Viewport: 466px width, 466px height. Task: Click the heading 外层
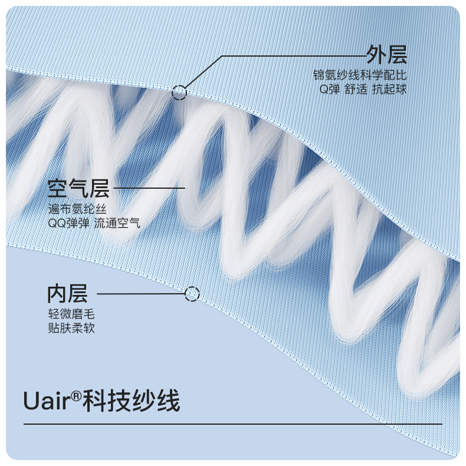coord(386,55)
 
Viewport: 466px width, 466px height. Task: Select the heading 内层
coord(67,293)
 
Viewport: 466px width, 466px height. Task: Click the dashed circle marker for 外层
coord(179,91)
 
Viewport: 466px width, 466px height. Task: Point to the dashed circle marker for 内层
coord(192,294)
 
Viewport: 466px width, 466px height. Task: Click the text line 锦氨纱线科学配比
coord(360,76)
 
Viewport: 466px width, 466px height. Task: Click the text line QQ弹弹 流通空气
coord(94,224)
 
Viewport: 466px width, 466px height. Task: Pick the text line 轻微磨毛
coord(71,314)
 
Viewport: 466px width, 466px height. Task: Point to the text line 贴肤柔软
coord(71,329)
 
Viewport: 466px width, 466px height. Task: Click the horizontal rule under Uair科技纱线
coord(232,424)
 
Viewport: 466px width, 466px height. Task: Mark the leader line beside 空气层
coord(149,189)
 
